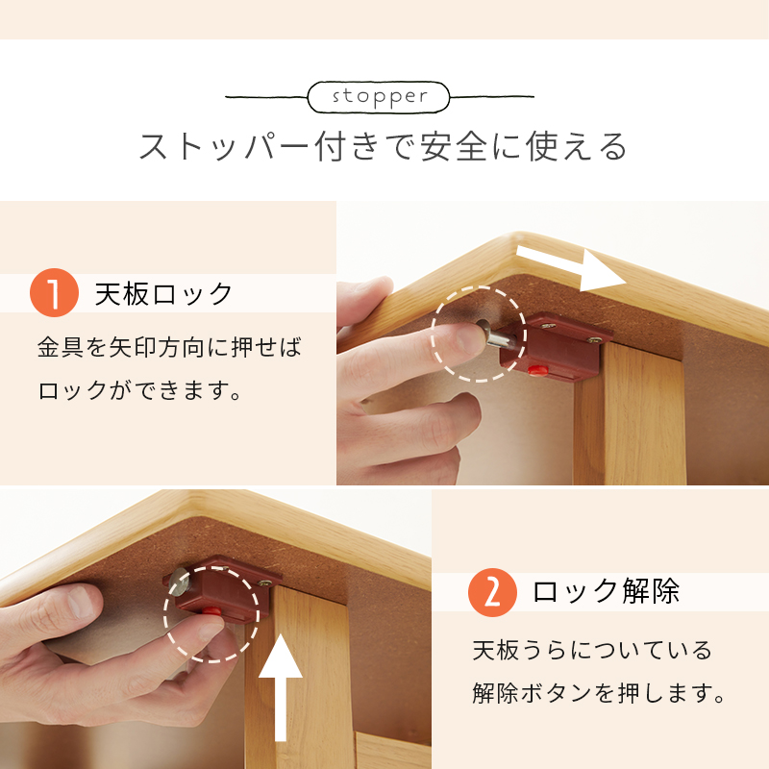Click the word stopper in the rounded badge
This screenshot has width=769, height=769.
point(380,96)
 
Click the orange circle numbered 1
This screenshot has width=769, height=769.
point(54,292)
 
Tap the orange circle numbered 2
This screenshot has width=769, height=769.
point(492,592)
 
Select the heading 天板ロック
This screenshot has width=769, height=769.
point(163,294)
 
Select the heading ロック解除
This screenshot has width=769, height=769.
point(607,591)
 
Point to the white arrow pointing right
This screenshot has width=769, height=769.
point(571,268)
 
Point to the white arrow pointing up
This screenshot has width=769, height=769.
point(280,687)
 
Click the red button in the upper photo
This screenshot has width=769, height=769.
point(538,369)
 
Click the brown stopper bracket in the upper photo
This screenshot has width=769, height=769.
point(557,346)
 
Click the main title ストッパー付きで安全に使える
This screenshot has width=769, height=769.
point(383,146)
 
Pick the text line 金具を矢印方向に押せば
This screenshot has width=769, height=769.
point(169,347)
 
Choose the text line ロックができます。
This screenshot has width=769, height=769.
point(139,390)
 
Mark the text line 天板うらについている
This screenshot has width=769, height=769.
point(592,651)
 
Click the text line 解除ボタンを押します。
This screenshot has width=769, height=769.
point(599,693)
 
